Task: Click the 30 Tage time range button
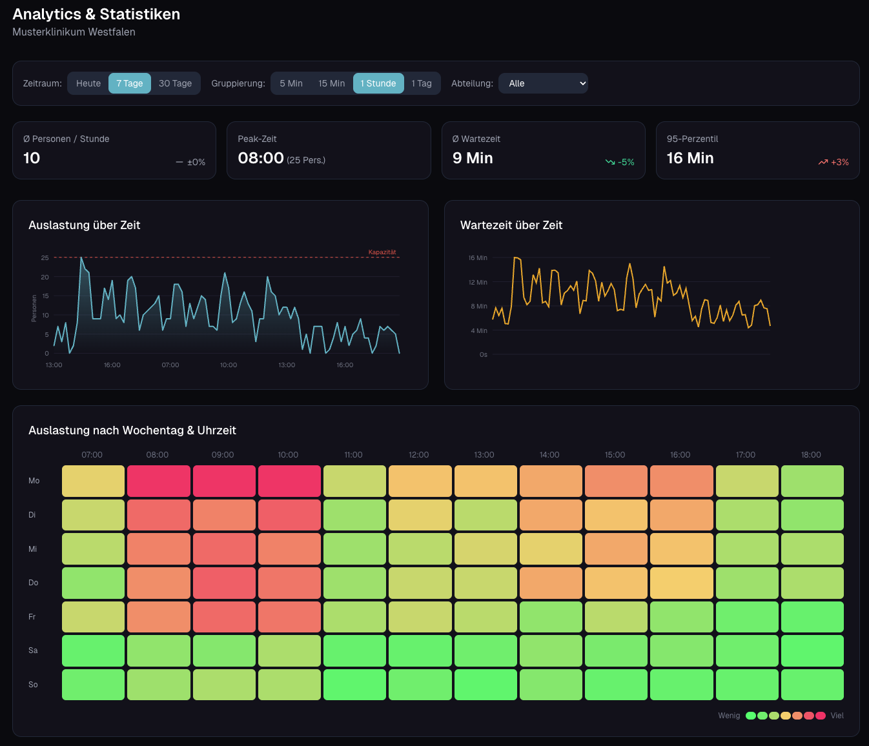pos(175,83)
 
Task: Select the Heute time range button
pos(88,83)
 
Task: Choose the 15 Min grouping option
pos(331,83)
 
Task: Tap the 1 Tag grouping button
pos(422,83)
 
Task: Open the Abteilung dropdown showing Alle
pos(543,83)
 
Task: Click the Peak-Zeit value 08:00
pos(261,158)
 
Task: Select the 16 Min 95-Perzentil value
pos(690,158)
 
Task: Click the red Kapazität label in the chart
pos(382,252)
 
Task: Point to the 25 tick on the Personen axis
pos(45,257)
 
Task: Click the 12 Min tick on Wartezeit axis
pos(478,282)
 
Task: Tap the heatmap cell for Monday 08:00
pos(159,481)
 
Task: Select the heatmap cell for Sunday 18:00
pos(812,684)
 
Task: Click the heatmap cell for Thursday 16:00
pos(681,583)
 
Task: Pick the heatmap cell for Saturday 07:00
pos(93,650)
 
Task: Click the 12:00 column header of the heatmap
pos(418,455)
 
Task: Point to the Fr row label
pos(32,617)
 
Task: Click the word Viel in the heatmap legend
pos(837,716)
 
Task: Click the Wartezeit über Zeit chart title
pos(511,225)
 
